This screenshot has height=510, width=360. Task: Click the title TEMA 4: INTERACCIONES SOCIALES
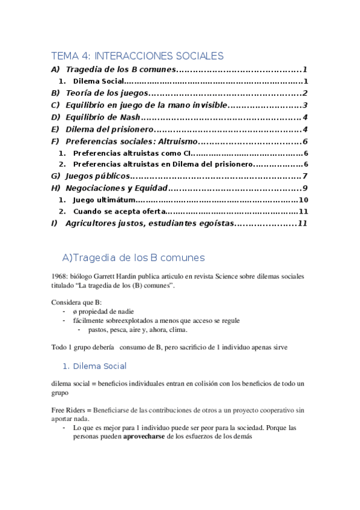(137, 56)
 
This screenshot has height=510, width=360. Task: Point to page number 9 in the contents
(305, 188)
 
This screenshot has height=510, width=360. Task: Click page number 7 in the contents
(305, 176)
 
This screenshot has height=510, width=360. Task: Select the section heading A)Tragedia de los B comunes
(133, 258)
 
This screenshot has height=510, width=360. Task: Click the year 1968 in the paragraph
(61, 277)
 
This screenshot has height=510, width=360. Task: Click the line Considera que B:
(77, 302)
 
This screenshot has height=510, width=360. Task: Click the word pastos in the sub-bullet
(99, 330)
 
